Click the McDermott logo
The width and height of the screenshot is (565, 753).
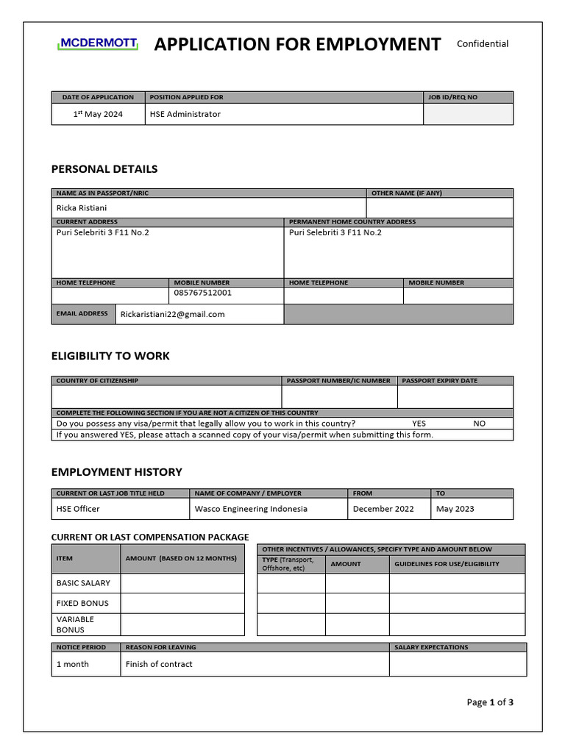[97, 44]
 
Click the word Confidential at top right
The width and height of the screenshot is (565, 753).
[483, 43]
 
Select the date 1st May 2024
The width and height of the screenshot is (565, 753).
[98, 114]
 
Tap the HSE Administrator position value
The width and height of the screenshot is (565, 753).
[185, 114]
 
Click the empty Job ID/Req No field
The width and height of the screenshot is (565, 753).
[468, 114]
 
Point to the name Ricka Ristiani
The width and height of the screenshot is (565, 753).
[82, 208]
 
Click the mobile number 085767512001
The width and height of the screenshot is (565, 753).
[203, 293]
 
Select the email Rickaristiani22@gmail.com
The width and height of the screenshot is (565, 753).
[173, 314]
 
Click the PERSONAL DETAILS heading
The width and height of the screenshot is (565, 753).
[104, 169]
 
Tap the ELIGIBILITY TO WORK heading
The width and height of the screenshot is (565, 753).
[110, 356]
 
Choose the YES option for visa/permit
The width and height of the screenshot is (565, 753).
[419, 424]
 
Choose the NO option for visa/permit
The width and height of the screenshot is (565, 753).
[480, 424]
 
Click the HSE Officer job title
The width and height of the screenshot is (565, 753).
[78, 509]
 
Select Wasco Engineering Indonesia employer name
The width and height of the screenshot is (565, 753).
[251, 509]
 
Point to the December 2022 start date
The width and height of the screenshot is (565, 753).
[383, 509]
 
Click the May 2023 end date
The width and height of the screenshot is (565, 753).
[455, 509]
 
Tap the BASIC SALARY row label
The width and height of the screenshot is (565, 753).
[83, 583]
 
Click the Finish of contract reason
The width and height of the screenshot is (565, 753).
[159, 664]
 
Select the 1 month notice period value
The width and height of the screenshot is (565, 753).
[73, 664]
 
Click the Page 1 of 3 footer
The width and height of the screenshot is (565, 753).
[490, 702]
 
